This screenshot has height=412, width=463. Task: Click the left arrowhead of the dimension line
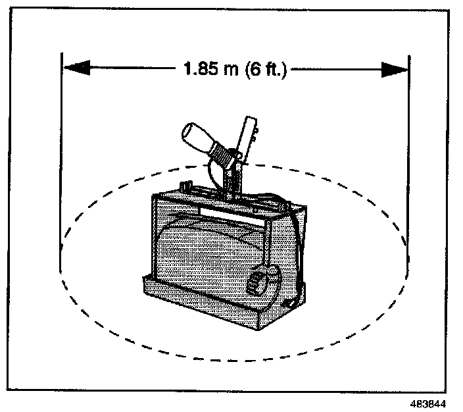77,68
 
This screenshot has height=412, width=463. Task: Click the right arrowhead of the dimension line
395,70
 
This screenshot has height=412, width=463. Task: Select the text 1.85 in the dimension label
201,68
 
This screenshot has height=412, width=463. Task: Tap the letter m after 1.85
231,70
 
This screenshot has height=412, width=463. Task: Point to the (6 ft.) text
266,70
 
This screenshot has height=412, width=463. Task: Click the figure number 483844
428,403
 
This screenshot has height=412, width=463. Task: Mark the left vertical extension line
61,163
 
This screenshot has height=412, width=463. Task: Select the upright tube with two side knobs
247,139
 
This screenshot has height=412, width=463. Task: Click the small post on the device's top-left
186,186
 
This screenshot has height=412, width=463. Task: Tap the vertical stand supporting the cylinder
233,180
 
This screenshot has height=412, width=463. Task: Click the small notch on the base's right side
289,303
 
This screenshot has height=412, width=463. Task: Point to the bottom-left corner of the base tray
145,293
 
